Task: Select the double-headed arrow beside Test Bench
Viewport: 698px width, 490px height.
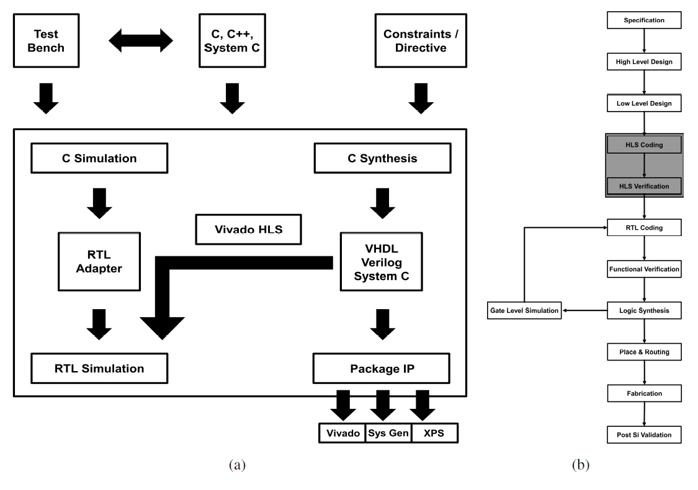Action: (141, 40)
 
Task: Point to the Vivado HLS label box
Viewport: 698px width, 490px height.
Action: (248, 229)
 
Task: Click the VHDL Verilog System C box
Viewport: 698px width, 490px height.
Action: (380, 261)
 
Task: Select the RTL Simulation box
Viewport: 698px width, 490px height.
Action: (99, 369)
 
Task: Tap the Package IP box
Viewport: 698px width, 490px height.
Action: (380, 369)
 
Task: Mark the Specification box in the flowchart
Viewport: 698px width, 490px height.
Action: (644, 20)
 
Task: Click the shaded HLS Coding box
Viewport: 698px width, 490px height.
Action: (644, 144)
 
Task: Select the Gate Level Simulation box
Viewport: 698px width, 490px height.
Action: (524, 310)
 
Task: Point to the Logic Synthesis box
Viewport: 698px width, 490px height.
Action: (644, 310)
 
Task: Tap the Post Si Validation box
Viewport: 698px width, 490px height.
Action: (644, 434)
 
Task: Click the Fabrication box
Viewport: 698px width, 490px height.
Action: (644, 393)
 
